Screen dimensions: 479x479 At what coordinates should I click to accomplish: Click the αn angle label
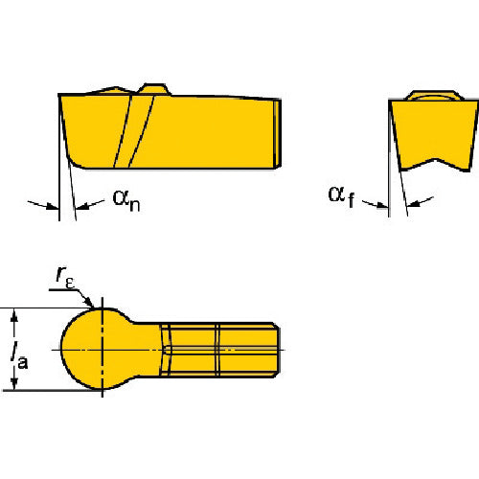point(126,200)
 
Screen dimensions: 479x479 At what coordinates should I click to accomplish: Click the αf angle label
point(341,196)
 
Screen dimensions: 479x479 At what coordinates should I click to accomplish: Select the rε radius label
point(65,278)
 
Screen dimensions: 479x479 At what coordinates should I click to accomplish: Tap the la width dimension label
point(20,355)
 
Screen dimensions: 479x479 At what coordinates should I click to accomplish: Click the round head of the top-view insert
point(96,349)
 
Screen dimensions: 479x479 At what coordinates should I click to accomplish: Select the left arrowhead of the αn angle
point(53,206)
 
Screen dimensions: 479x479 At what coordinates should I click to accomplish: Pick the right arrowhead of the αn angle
point(81,207)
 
